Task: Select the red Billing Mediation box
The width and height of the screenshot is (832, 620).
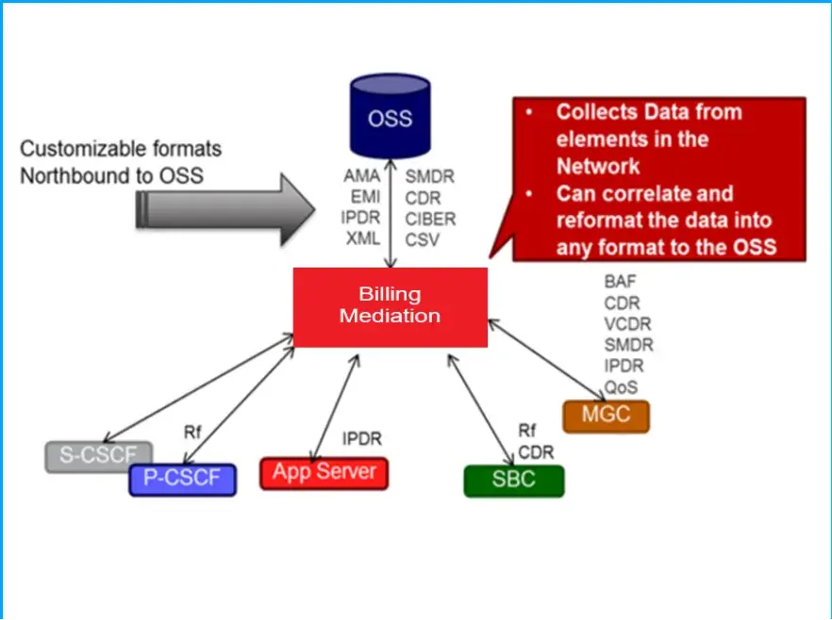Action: coord(390,306)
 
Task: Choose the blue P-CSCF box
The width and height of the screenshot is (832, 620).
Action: coord(182,479)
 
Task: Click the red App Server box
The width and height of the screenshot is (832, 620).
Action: coord(324,472)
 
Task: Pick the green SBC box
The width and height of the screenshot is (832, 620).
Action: coord(513,480)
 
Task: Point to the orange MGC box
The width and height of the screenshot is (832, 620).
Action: coord(606,415)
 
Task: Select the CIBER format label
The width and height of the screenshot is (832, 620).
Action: coord(430,219)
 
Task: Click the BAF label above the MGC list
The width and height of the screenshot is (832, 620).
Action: coord(622,282)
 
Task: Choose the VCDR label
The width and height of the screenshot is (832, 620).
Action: coord(627,324)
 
